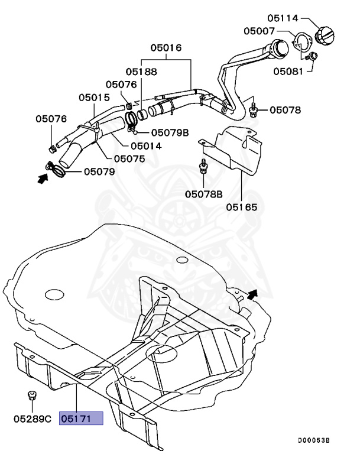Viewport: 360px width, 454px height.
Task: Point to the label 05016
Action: (166, 48)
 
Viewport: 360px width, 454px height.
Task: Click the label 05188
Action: (141, 72)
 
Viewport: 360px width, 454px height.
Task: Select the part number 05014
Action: (146, 145)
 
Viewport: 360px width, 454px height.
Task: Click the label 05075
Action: (129, 158)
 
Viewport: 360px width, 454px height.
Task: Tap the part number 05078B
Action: (203, 193)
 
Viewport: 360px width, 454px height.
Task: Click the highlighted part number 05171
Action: (80, 419)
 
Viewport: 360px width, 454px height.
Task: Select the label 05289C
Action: (33, 419)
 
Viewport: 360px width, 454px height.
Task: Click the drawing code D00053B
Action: (314, 441)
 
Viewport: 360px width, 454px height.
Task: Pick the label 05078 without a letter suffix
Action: (286, 110)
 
